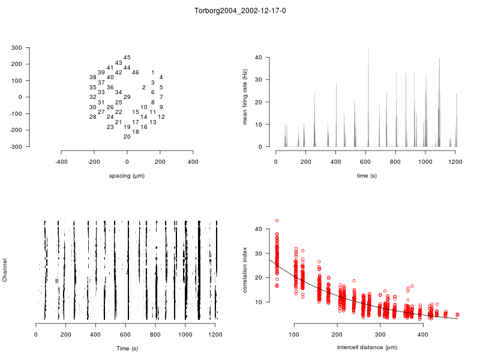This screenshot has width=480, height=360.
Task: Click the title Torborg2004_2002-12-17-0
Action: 240,11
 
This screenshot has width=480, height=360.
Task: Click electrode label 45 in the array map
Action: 127,58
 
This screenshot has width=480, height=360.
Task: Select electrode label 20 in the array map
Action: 127,137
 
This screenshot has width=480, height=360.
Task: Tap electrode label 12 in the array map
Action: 161,117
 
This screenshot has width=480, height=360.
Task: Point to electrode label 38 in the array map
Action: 93,77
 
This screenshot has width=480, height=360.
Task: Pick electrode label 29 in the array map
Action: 127,97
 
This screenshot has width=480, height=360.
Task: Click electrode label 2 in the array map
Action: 144,88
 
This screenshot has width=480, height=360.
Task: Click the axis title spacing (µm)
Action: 127,176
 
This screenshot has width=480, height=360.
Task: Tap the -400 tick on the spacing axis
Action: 61,162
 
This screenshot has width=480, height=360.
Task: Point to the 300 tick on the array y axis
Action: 33,47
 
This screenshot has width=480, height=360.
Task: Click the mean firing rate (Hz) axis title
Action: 245,97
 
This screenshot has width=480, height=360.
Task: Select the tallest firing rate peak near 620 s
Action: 368,49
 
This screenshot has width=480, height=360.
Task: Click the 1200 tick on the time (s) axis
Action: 455,162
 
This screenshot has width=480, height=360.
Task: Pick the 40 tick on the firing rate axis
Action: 259,58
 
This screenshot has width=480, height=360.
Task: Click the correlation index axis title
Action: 245,271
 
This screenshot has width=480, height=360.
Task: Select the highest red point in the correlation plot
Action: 277,221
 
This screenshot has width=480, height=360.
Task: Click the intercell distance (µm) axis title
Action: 367,347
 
